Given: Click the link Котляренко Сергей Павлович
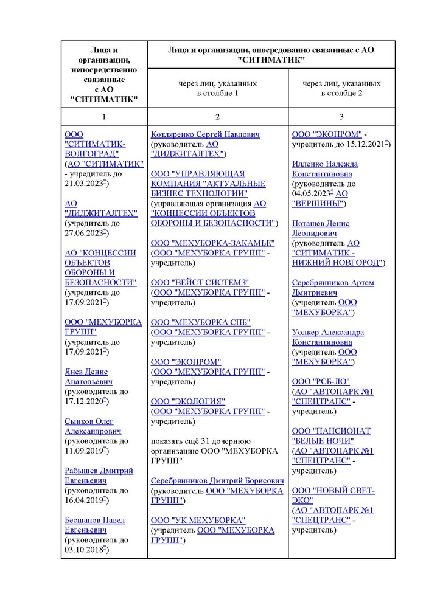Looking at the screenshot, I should [205, 134].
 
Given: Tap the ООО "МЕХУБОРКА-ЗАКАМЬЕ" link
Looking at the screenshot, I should [212, 243].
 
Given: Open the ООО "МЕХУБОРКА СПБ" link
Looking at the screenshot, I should [200, 322].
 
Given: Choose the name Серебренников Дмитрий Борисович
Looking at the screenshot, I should [217, 480].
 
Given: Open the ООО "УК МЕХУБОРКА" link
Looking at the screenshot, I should [198, 520].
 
